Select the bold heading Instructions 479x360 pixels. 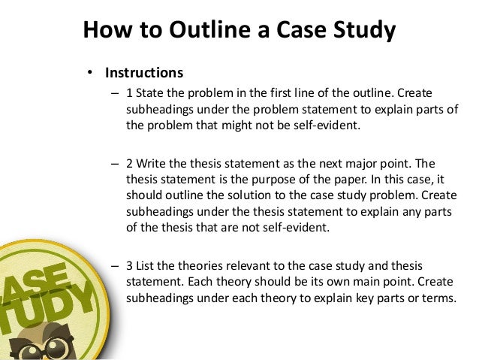[x=144, y=73]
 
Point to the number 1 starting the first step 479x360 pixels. [x=129, y=94]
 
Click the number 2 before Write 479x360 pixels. [x=129, y=163]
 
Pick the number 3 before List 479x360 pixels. [x=129, y=266]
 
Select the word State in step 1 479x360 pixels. [x=151, y=94]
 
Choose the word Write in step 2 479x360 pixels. [x=152, y=163]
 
